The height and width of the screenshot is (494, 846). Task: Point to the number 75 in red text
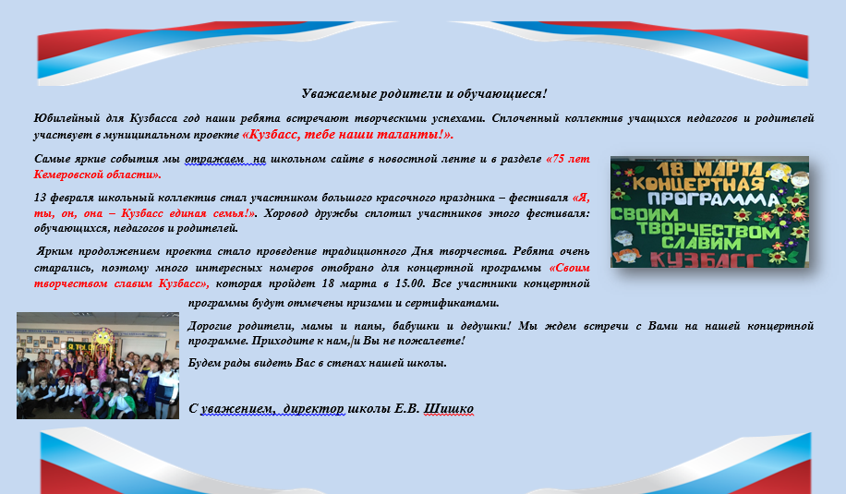point(559,159)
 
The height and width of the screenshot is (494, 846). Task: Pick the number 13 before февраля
point(40,198)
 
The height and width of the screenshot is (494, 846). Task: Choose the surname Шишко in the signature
point(448,409)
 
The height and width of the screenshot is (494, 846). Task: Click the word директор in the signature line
point(313,409)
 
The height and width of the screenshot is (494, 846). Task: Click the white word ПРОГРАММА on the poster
point(713,199)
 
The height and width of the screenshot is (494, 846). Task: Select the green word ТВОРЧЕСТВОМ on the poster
point(707,231)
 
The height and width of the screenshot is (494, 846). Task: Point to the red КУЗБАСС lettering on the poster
point(706,259)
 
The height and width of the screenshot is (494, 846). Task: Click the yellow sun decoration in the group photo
point(102,339)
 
